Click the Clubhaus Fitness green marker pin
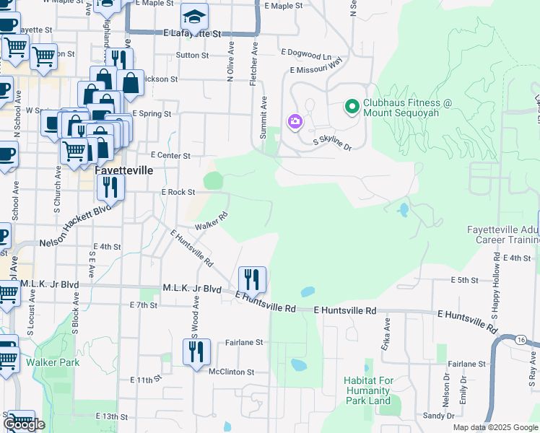pyautogui.click(x=352, y=108)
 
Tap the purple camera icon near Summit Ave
pyautogui.click(x=295, y=121)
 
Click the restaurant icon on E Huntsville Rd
pyautogui.click(x=252, y=278)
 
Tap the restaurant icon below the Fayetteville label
pyautogui.click(x=110, y=188)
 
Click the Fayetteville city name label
pyautogui.click(x=124, y=170)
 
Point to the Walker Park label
pyautogui.click(x=53, y=362)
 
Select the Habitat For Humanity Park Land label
pyautogui.click(x=367, y=390)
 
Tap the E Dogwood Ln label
pyautogui.click(x=307, y=53)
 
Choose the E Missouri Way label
pyautogui.click(x=315, y=67)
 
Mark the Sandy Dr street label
pyautogui.click(x=439, y=416)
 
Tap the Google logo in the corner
pyautogui.click(x=24, y=424)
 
